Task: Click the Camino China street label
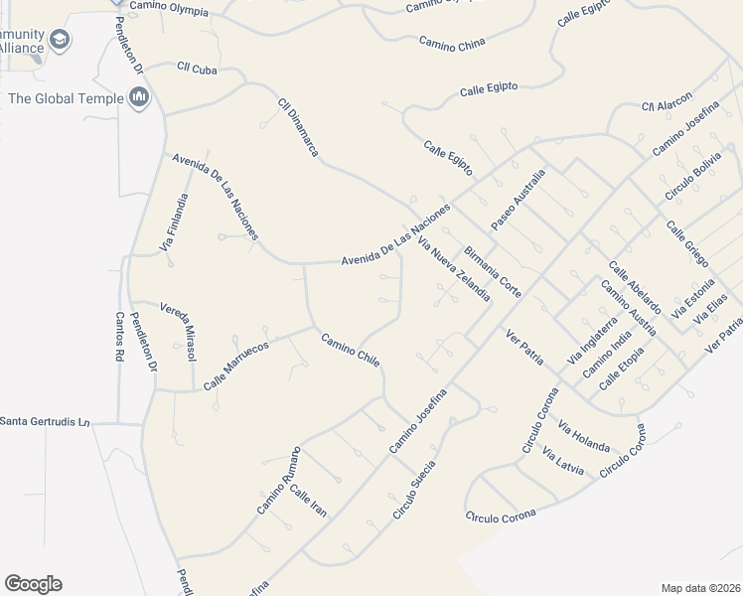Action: click(453, 44)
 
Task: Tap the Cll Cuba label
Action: click(197, 68)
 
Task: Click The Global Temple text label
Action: click(66, 97)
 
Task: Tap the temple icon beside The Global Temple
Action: click(139, 97)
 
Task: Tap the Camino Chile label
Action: click(350, 351)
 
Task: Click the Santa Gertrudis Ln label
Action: click(45, 422)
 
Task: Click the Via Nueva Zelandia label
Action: click(455, 269)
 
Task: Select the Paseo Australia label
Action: click(519, 198)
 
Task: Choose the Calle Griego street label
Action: click(686, 243)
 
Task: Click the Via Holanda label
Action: click(584, 435)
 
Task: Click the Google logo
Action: click(33, 584)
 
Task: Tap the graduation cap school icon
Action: click(60, 41)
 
